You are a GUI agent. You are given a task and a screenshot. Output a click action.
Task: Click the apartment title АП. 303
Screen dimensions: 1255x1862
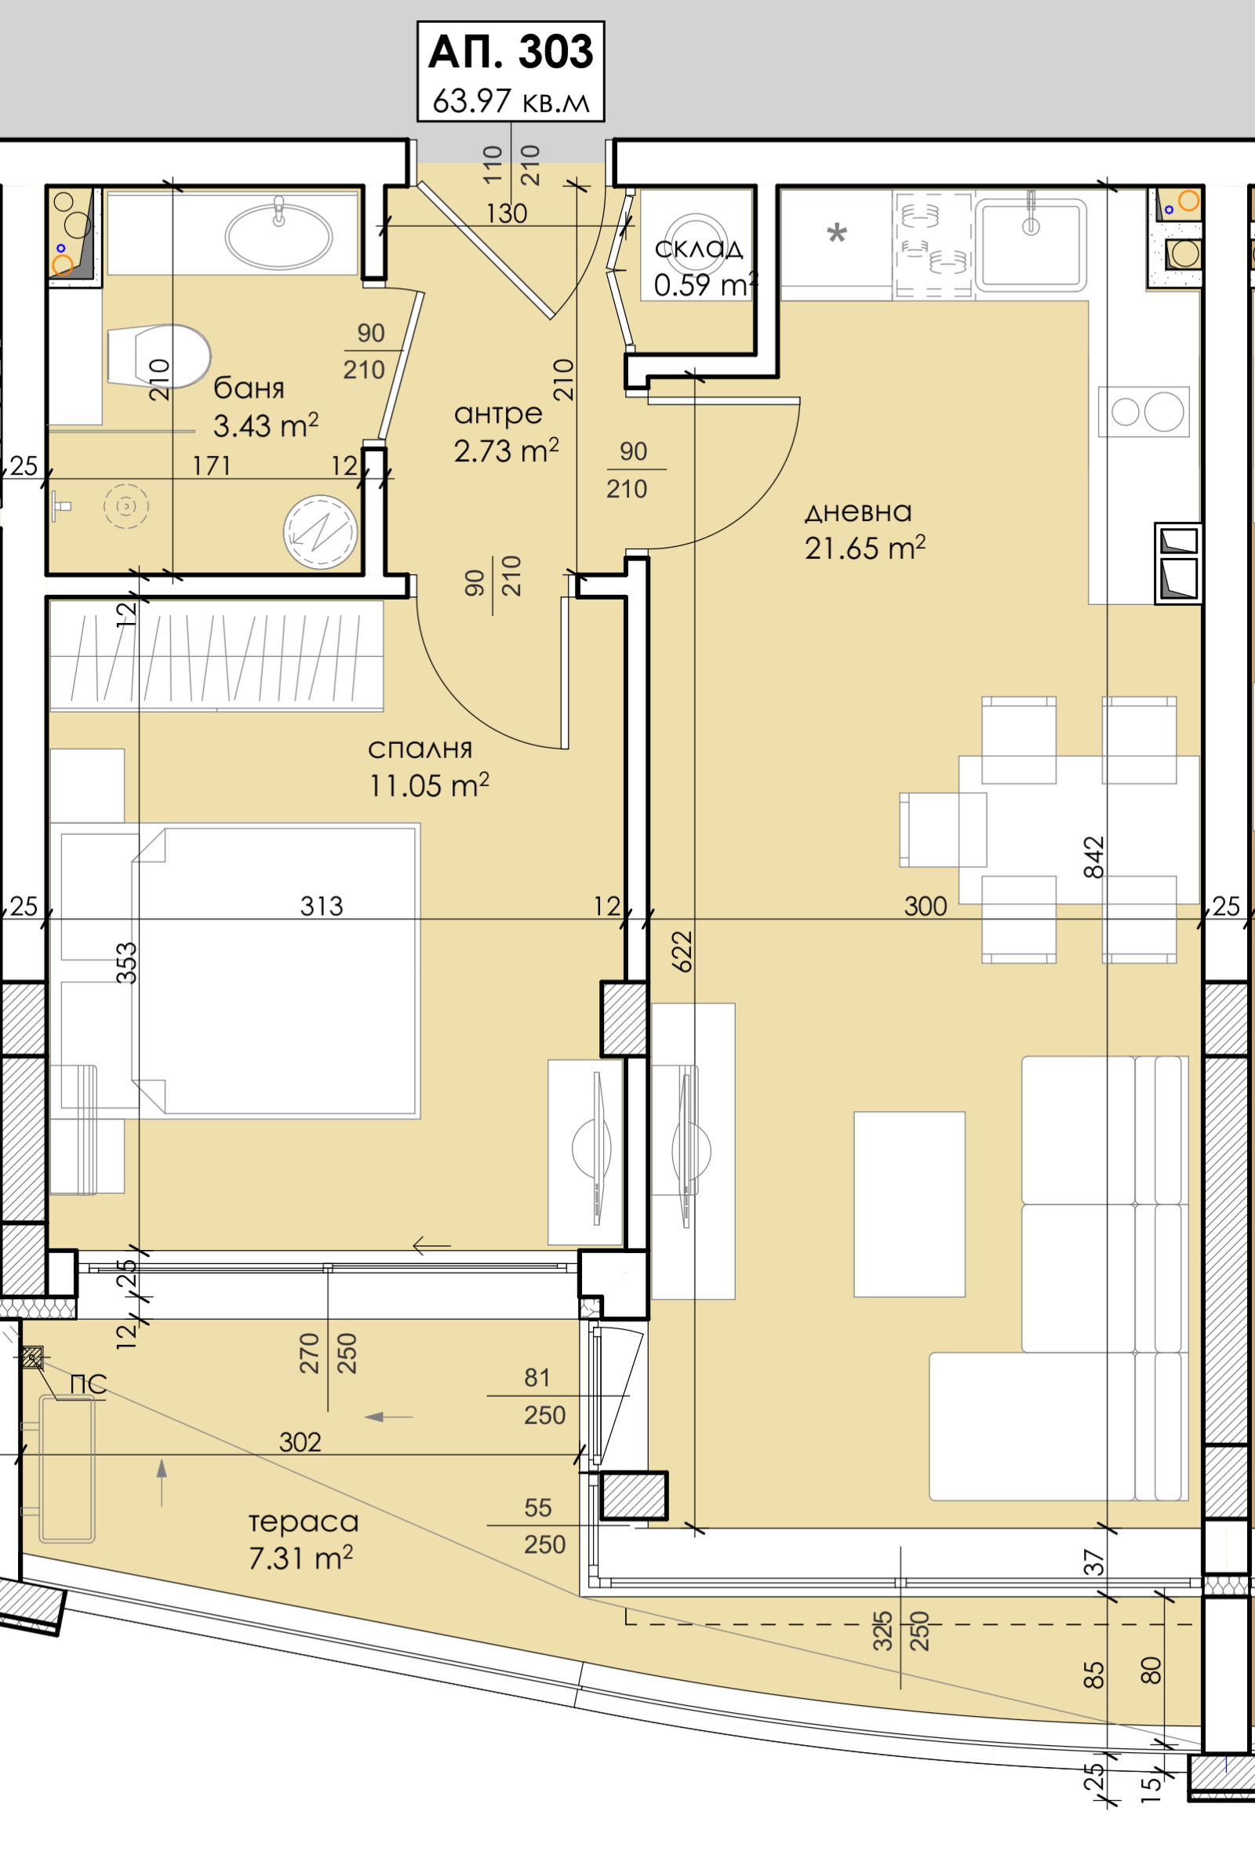pos(511,52)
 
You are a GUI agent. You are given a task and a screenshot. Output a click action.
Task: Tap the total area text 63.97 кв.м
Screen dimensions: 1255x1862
pos(511,102)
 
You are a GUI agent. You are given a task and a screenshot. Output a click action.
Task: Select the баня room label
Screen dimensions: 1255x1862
pos(249,388)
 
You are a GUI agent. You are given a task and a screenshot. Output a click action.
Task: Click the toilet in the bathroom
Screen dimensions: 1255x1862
pos(158,356)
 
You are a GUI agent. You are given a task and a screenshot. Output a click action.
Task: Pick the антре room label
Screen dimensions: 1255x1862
pos(498,414)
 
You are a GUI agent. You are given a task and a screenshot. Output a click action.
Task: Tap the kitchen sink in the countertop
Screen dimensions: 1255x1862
pos(1031,245)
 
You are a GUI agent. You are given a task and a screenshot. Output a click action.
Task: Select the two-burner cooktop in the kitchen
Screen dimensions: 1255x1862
pos(1144,411)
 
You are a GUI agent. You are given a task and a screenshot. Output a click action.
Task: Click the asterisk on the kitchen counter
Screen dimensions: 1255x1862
pos(836,234)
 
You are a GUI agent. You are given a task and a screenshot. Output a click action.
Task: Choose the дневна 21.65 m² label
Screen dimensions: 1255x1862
pos(864,530)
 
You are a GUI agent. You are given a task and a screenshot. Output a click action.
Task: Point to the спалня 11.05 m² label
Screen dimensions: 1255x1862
pos(428,767)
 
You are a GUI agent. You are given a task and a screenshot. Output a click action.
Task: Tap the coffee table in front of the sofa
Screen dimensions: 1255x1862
pos(909,1204)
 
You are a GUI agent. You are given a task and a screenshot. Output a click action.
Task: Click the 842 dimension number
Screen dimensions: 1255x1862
pos(1093,858)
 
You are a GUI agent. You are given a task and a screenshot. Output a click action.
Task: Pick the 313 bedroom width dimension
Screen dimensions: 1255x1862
pos(322,906)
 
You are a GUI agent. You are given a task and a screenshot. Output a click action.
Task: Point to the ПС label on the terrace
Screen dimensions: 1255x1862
pos(88,1385)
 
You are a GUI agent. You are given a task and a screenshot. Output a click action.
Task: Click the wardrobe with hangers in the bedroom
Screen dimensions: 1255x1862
pos(217,655)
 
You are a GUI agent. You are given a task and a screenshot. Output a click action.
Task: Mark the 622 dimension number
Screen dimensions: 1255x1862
pos(681,951)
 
